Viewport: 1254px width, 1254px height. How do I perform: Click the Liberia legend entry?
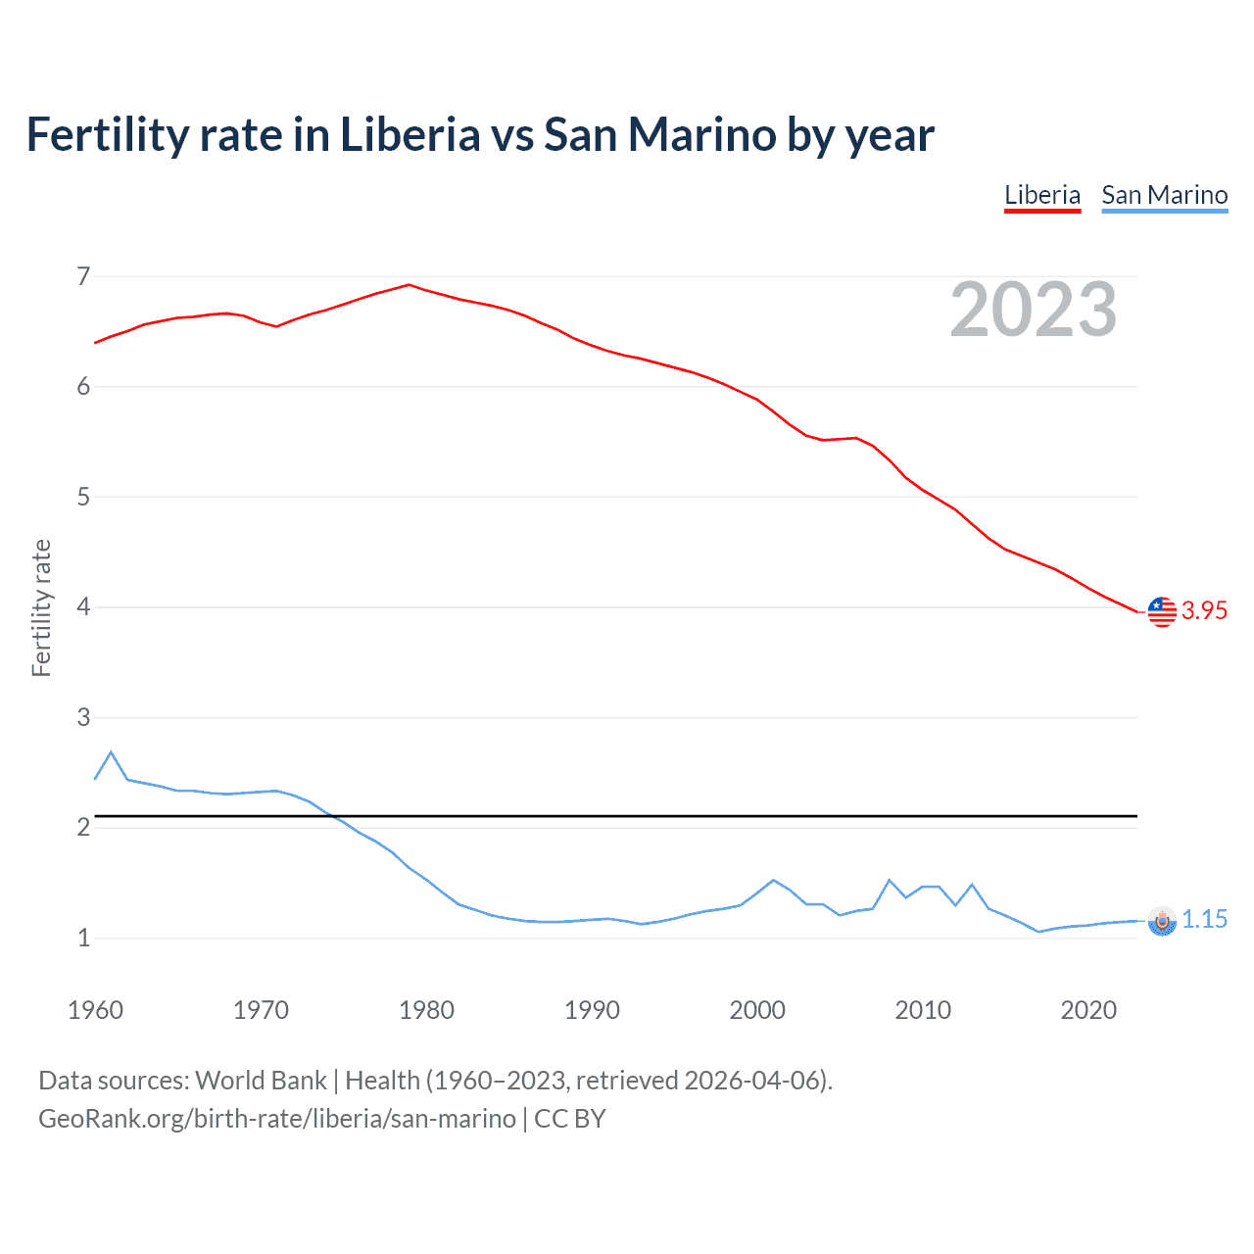(1042, 195)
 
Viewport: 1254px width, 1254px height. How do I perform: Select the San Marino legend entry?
(1164, 195)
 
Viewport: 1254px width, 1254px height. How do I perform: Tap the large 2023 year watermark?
(1034, 310)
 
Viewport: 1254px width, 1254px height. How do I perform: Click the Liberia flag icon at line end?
(1162, 611)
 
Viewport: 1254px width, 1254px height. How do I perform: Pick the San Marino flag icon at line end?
(1162, 920)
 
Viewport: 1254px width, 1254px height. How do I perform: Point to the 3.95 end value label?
(1204, 611)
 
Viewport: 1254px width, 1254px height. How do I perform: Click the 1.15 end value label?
(1204, 920)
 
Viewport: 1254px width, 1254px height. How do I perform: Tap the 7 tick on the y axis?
(83, 277)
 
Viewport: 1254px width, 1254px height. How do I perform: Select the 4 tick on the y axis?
(83, 607)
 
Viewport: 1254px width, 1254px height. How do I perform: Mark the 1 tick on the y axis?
(83, 939)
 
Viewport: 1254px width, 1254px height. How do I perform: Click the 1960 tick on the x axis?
(95, 1010)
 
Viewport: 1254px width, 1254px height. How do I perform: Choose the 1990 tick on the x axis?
(592, 1010)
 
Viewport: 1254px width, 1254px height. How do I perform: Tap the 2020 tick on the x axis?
(1088, 1010)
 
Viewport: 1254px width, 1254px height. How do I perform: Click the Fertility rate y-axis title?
(41, 607)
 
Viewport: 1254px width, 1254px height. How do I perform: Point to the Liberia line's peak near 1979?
(410, 285)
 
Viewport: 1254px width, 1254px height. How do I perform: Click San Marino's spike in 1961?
(111, 752)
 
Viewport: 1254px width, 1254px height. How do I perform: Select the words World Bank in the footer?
(261, 1081)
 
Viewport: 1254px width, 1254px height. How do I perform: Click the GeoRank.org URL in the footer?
(277, 1119)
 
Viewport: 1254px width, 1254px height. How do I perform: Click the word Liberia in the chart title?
(410, 135)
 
